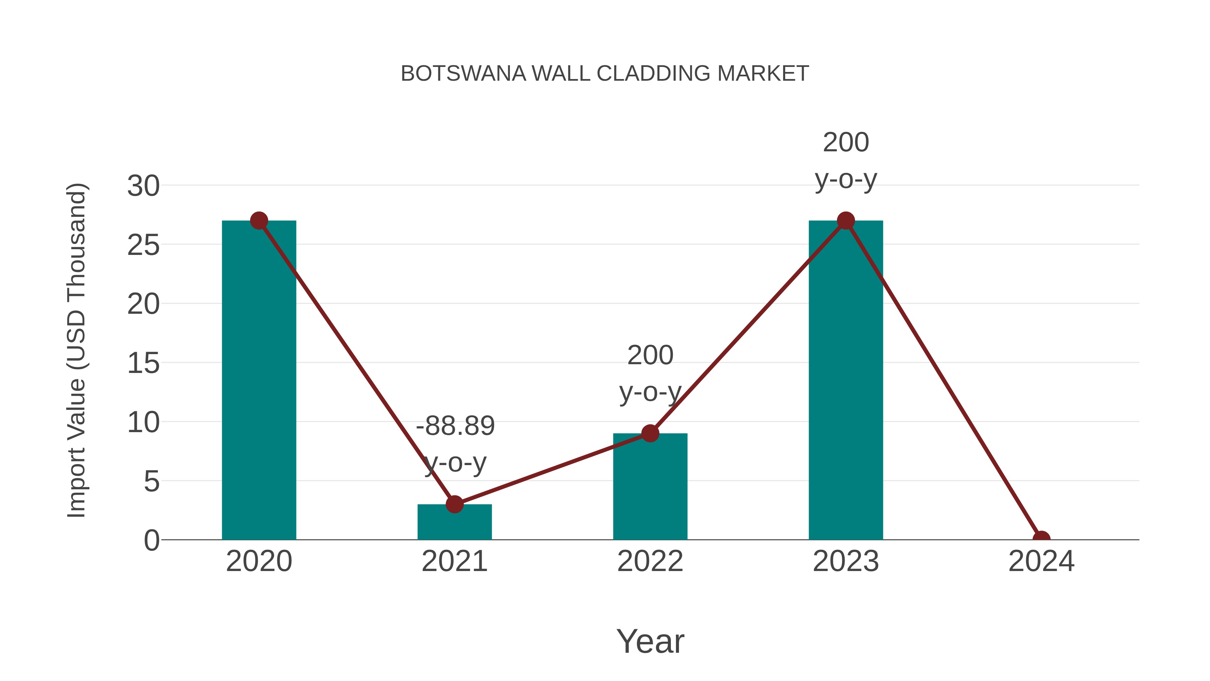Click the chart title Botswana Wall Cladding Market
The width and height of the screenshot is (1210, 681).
(605, 74)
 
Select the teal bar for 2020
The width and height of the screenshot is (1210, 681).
(259, 385)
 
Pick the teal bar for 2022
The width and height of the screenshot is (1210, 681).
(650, 489)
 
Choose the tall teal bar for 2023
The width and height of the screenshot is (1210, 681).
(846, 385)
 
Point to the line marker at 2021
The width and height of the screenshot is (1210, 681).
(454, 504)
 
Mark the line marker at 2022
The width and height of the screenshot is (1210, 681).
(650, 433)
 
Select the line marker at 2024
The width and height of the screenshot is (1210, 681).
(1041, 538)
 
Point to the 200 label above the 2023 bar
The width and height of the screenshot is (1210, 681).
(846, 142)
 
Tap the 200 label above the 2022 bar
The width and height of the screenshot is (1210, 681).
(650, 355)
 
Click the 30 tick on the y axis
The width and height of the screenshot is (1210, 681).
(143, 186)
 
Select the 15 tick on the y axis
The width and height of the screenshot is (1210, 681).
(143, 363)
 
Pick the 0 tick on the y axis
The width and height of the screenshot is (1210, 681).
(151, 540)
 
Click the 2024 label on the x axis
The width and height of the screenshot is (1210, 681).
(1041, 562)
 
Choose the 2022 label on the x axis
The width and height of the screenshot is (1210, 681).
(650, 562)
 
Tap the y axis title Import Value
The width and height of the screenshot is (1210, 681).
(76, 350)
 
